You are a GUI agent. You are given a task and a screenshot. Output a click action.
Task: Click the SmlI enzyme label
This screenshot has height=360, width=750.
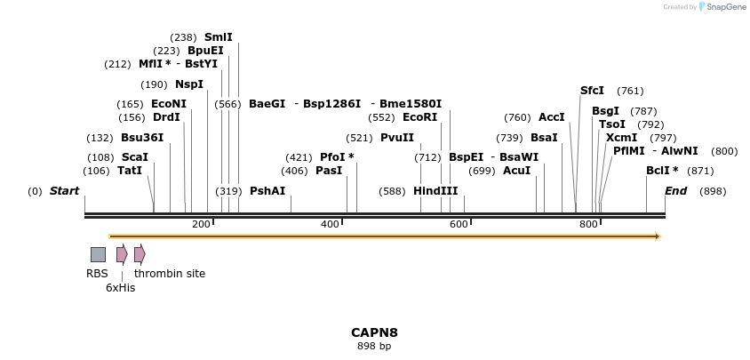219,37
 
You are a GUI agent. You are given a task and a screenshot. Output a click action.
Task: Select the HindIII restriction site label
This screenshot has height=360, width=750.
435,191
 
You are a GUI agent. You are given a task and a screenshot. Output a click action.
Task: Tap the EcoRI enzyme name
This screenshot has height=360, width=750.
420,117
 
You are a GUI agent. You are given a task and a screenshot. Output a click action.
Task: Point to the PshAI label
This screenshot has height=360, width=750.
267,191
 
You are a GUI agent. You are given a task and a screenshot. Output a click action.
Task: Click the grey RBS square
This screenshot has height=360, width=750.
98,254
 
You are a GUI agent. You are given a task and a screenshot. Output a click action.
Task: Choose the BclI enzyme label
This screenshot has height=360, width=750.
662,171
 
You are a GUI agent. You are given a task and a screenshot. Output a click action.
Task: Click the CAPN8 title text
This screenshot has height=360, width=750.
374,332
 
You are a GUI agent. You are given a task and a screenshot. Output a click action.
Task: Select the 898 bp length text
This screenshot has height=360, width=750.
374,347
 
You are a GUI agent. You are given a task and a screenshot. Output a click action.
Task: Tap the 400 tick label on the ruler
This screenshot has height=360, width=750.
330,224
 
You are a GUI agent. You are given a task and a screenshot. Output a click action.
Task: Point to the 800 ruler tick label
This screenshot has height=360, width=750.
588,224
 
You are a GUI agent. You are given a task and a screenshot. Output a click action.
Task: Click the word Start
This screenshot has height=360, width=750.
64,191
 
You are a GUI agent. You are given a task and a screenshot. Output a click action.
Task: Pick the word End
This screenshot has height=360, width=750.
676,191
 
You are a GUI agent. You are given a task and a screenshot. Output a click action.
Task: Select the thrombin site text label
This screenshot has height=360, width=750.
170,274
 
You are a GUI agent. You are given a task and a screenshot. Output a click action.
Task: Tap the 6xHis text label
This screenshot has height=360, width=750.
121,288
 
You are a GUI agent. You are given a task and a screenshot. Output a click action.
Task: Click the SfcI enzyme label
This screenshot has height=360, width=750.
592,91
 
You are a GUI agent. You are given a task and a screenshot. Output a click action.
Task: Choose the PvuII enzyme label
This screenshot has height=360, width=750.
397,138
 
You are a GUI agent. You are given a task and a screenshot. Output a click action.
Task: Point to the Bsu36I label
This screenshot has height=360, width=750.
142,138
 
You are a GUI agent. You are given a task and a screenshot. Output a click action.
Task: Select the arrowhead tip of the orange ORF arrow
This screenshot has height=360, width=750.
658,236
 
